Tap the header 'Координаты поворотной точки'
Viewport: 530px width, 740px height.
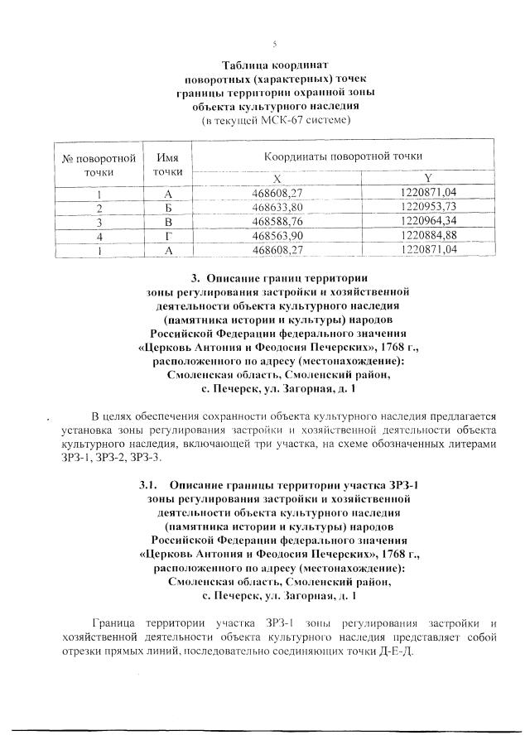(x=343, y=156)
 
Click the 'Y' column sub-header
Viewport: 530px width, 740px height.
(x=427, y=178)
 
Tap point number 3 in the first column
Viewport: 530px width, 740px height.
(x=99, y=221)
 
